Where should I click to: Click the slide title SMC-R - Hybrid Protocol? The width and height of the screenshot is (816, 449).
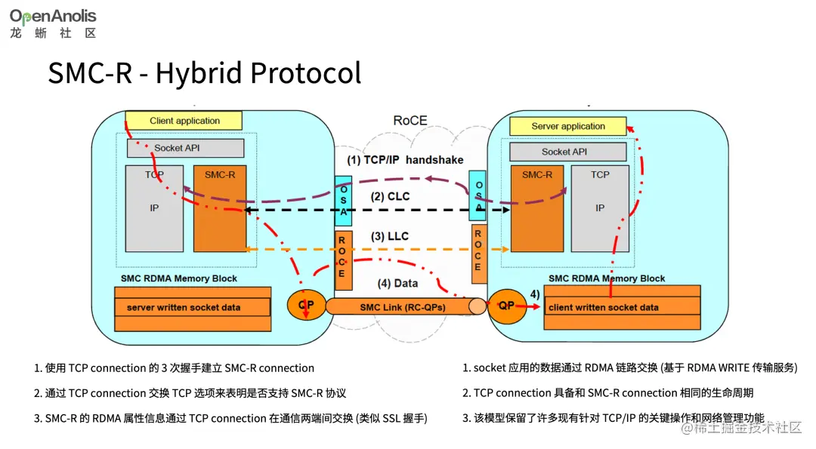205,73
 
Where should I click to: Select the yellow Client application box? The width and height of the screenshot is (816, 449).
184,121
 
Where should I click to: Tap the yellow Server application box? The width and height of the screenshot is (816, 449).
568,126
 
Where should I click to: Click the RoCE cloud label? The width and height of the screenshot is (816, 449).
410,121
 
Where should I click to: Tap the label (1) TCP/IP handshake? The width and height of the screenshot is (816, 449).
405,160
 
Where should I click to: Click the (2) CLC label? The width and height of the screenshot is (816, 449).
389,197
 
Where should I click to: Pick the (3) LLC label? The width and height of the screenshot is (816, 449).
389,236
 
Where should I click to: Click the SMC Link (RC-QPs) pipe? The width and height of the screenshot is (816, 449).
402,307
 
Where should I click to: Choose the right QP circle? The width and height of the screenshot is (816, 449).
505,306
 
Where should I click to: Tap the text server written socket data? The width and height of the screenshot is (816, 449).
184,307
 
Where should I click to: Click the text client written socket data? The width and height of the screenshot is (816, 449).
603,307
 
